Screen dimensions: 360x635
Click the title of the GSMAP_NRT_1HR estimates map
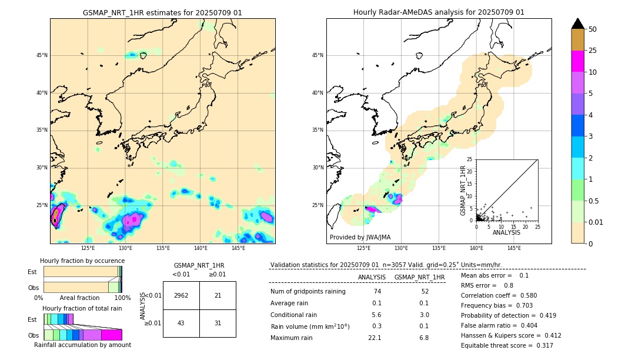[162, 12]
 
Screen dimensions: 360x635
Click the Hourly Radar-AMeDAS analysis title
[439, 12]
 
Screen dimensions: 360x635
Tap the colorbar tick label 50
[593, 29]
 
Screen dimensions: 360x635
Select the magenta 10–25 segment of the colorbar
[578, 61]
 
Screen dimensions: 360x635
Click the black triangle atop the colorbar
[578, 24]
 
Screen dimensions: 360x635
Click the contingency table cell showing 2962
[181, 295]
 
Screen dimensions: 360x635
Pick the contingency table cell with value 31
[218, 323]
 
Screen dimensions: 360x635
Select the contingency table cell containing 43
[181, 323]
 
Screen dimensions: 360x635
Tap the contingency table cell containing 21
[218, 295]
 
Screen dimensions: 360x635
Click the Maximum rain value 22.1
[375, 338]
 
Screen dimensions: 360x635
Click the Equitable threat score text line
[507, 345]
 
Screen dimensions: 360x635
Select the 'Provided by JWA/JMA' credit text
[360, 237]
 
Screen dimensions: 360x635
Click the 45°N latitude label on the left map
[42, 55]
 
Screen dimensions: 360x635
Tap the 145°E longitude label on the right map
[514, 248]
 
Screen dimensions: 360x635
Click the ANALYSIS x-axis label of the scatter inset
[507, 232]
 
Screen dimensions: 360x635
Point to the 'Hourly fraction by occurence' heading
[82, 261]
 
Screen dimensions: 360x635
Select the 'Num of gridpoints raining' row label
[308, 291]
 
